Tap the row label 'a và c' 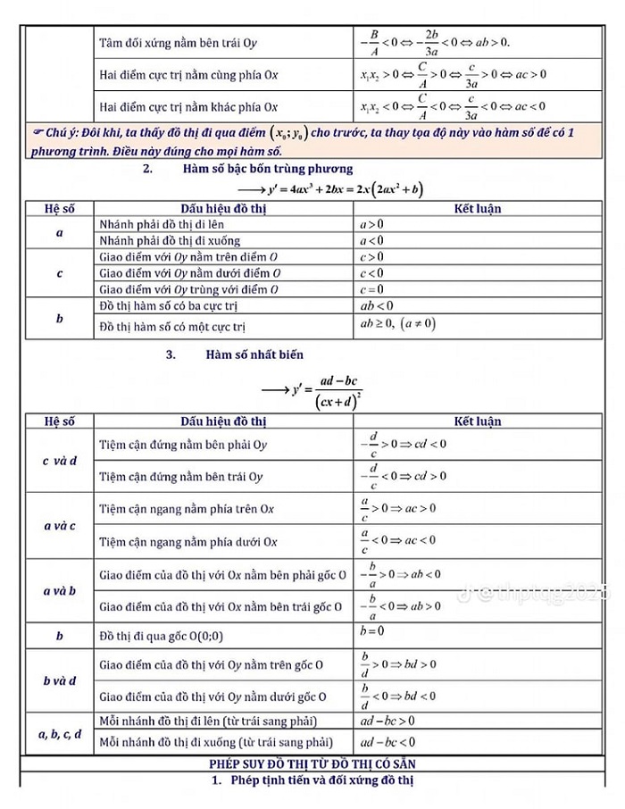pyautogui.click(x=59, y=526)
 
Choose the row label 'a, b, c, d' pyautogui.click(x=59, y=734)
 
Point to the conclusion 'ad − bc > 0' pyautogui.click(x=387, y=721)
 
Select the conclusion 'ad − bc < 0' pyautogui.click(x=387, y=742)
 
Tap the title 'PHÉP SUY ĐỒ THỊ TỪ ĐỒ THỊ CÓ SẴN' pyautogui.click(x=312, y=764)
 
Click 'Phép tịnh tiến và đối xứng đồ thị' pyautogui.click(x=312, y=782)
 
